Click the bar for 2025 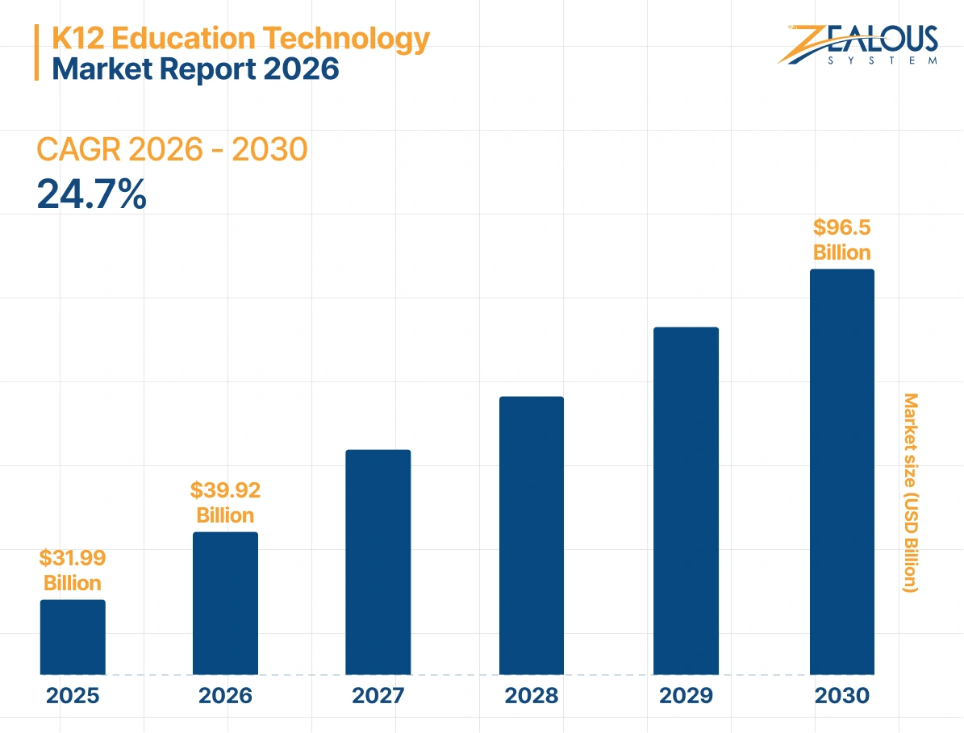pos(73,636)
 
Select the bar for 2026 pos(225,602)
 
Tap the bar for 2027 pos(378,561)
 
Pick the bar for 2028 pos(532,535)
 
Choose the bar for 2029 pos(686,500)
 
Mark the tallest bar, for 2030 pos(841,471)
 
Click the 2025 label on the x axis pos(73,696)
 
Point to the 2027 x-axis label pos(378,696)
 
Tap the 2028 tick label pos(532,696)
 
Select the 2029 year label pos(686,696)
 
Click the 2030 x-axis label pos(841,696)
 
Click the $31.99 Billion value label pos(73,570)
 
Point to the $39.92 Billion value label pos(225,502)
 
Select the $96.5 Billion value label pos(841,239)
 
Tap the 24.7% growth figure pos(92,194)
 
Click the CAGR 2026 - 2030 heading pos(172,150)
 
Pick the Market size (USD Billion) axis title pos(911,493)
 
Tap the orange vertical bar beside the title pos(36,52)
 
